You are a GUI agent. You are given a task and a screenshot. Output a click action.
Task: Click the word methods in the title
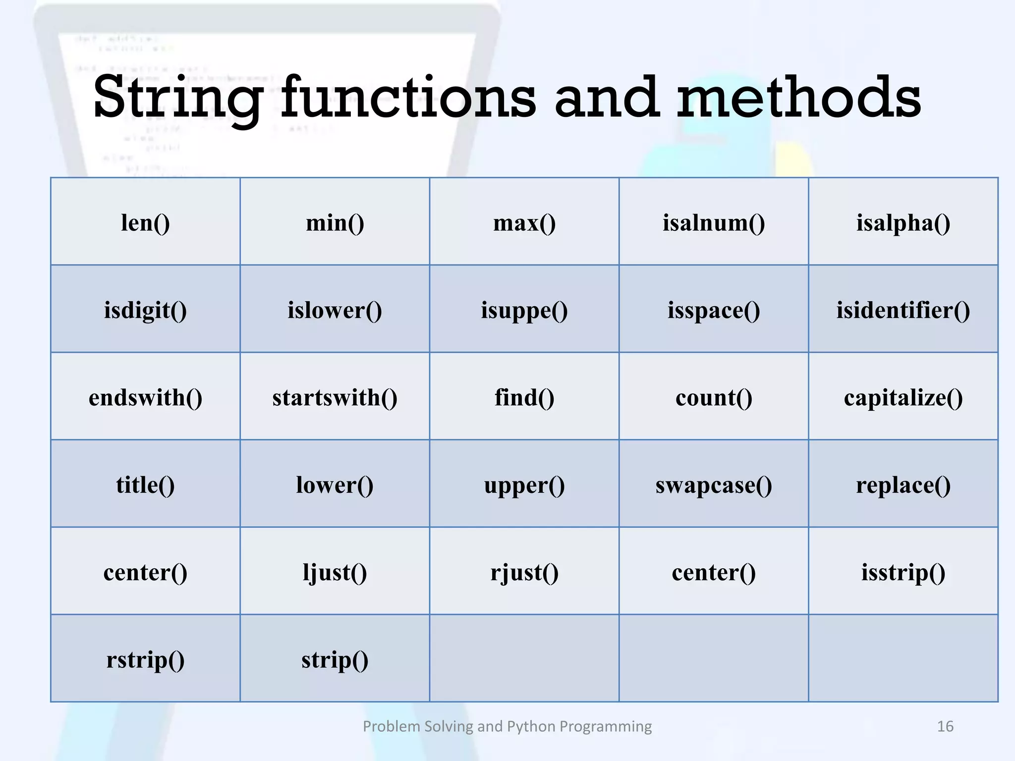point(798,97)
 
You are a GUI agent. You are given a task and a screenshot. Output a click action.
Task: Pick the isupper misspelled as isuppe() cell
point(524,311)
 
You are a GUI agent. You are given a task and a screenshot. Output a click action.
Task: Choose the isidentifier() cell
point(903,311)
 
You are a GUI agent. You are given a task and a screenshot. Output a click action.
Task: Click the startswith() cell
point(335,398)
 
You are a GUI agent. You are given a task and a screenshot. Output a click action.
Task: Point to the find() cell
point(524,398)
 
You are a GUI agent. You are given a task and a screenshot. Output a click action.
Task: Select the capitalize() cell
point(903,398)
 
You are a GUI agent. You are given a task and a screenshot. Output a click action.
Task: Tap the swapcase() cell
point(714,485)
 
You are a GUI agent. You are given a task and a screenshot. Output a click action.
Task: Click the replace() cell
point(903,485)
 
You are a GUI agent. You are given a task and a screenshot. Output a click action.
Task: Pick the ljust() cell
point(335,573)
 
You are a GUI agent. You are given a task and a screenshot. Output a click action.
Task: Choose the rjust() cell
point(524,573)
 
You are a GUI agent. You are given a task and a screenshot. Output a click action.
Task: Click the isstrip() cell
point(903,573)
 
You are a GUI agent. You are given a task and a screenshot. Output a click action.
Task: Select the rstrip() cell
point(145,660)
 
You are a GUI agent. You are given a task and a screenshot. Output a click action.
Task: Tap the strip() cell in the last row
point(335,660)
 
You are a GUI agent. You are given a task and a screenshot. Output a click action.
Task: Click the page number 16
point(945,726)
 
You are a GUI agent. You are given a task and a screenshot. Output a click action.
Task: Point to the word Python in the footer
point(531,726)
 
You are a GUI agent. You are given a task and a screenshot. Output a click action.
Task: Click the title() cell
point(145,485)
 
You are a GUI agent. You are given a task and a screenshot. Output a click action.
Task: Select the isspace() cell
point(714,311)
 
